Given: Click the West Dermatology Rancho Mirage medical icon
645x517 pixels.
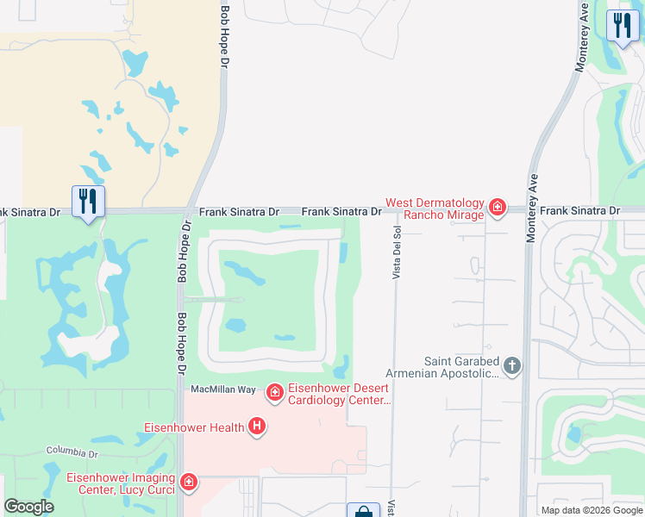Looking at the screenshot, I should click(497, 207).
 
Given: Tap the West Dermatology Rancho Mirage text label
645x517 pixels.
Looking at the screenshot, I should click(435, 209).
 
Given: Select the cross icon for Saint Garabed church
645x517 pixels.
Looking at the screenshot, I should click(512, 367).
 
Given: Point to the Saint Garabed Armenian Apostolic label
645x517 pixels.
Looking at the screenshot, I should click(460, 368).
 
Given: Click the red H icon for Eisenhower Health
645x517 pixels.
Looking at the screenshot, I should click(256, 426).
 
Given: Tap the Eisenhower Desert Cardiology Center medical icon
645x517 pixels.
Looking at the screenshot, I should click(274, 394).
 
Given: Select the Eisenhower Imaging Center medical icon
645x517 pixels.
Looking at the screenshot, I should click(188, 483).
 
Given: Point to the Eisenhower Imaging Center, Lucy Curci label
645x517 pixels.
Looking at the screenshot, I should click(121, 483).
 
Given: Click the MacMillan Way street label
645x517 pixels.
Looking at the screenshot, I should click(222, 390).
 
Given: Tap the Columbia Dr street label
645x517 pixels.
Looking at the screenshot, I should click(73, 451).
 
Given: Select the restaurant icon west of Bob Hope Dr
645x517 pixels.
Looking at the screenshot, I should click(88, 202).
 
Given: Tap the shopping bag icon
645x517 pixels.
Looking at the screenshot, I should click(363, 511).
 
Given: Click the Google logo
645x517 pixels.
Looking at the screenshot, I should click(28, 507).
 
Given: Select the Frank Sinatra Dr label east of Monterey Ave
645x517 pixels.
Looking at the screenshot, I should click(579, 211).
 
